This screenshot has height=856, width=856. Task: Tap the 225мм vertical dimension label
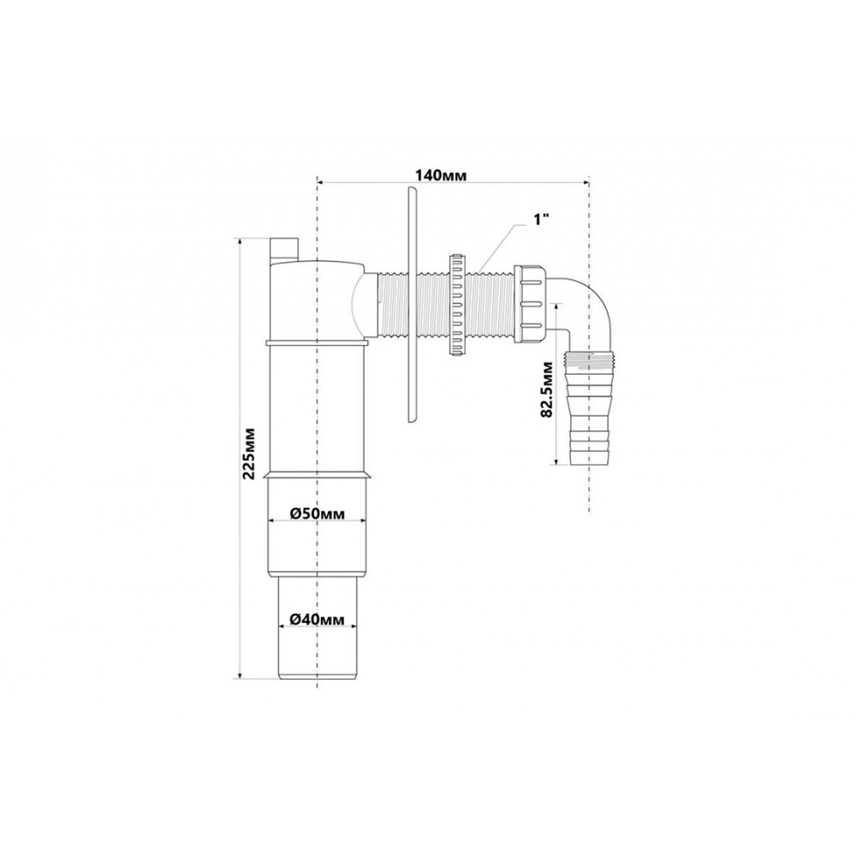[249, 453]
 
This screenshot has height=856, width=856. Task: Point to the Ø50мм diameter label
[318, 513]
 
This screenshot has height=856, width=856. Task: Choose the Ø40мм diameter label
[318, 620]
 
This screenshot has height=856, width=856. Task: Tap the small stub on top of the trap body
[284, 251]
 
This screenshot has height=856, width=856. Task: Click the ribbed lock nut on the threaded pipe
[456, 305]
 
